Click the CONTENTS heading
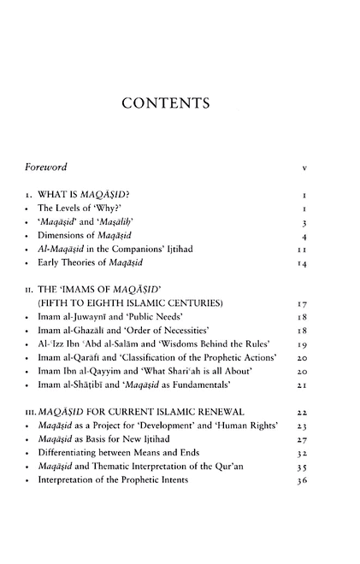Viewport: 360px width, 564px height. coord(179,105)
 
